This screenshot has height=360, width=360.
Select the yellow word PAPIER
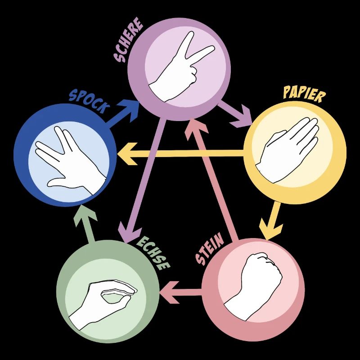[304, 94]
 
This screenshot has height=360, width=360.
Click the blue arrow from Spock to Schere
[122, 113]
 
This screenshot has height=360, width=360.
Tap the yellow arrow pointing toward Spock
[180, 154]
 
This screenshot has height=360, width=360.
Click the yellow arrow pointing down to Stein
[273, 220]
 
